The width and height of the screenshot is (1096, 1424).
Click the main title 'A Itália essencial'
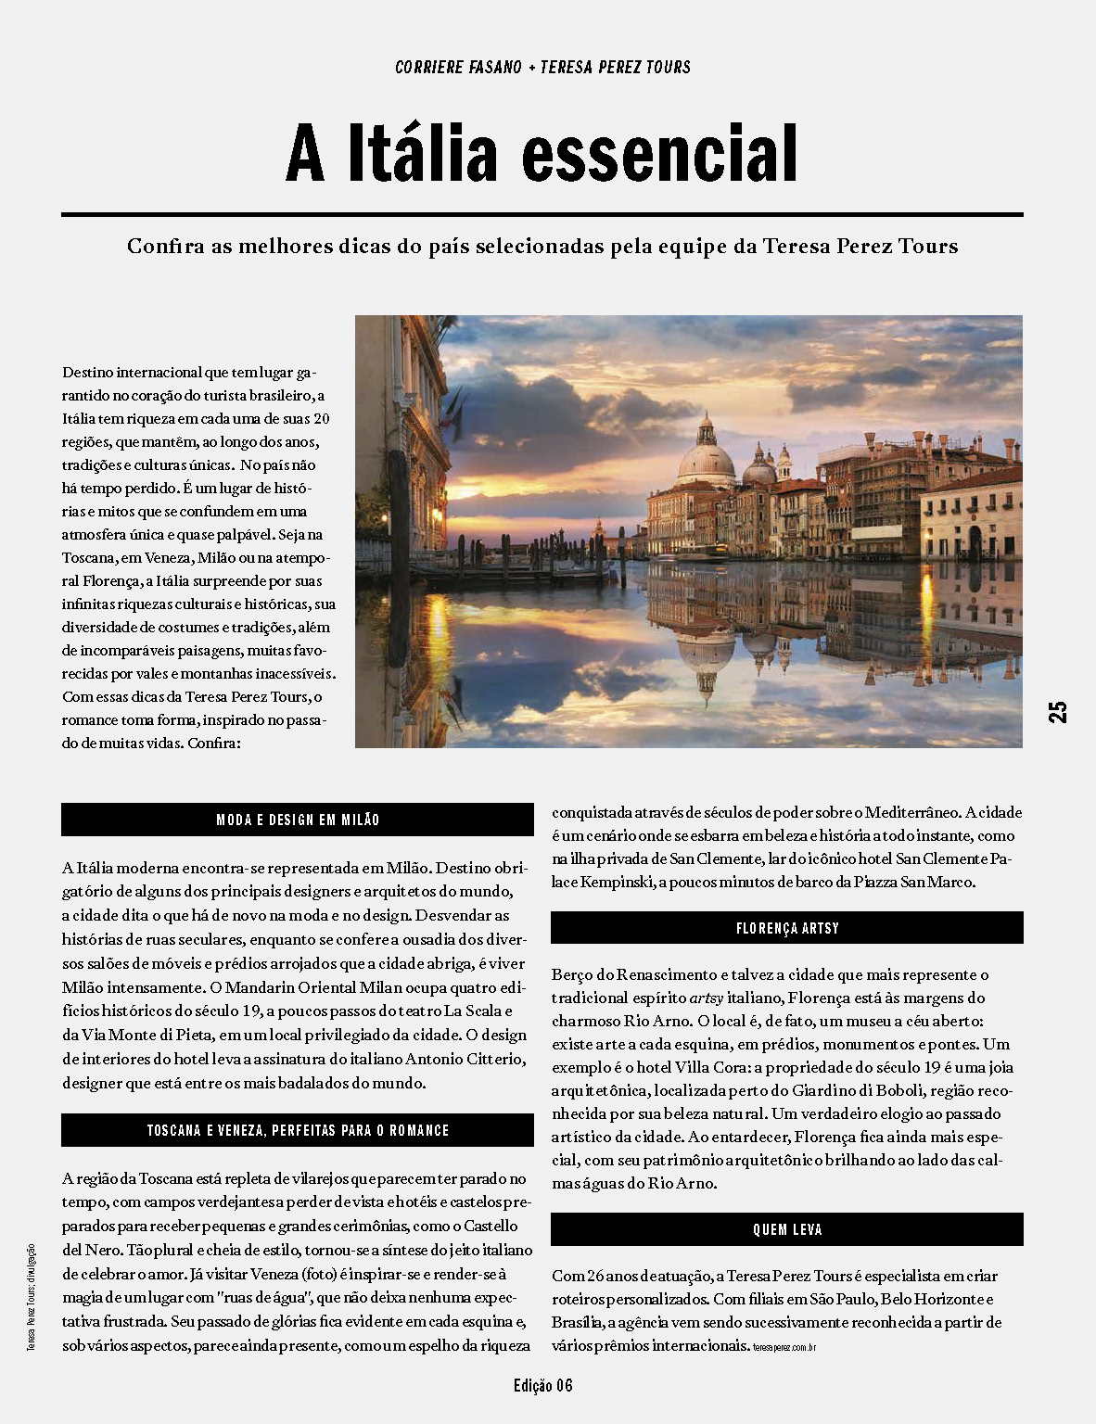(x=542, y=154)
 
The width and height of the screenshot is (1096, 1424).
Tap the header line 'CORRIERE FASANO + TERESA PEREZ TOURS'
(x=542, y=68)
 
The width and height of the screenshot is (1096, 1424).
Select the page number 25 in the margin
(x=1058, y=711)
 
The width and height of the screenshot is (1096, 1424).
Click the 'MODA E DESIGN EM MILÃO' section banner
(x=298, y=820)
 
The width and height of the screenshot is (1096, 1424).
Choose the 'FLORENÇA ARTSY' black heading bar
(x=786, y=928)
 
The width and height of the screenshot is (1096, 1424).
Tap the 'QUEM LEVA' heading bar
(x=786, y=1229)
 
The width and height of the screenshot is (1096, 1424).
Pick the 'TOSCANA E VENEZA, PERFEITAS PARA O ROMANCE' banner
(x=298, y=1130)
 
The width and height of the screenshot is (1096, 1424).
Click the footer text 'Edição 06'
(x=542, y=1386)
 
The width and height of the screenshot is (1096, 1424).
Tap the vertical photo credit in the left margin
(x=31, y=1296)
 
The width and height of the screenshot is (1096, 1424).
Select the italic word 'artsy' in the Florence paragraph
(x=707, y=998)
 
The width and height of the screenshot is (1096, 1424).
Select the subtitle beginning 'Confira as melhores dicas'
(x=542, y=247)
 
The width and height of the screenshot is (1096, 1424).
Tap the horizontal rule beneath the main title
(x=542, y=215)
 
